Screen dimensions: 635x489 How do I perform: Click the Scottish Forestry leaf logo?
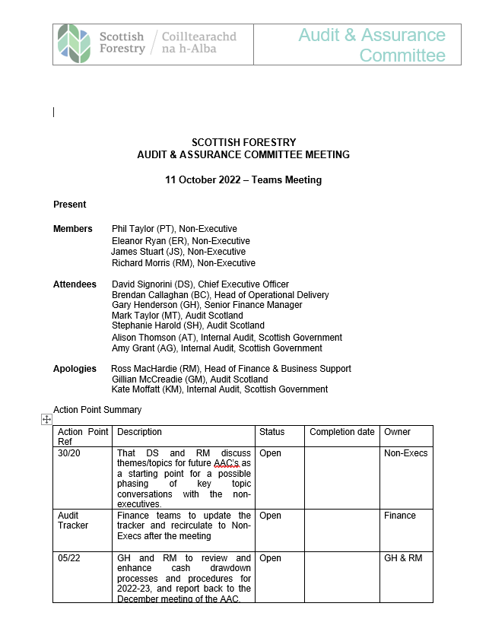pos(74,43)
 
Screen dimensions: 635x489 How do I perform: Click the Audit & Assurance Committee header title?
pos(372,45)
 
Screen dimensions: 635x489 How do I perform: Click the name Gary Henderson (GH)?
pos(152,305)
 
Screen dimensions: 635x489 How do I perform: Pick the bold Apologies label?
pos(75,369)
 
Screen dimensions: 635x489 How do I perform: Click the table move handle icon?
pos(46,419)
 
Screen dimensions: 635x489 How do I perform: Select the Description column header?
pos(140,432)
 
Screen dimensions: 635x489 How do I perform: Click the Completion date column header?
pos(342,432)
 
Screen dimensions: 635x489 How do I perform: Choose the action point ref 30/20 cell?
pos(68,453)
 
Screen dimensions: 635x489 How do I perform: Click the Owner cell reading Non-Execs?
pos(405,453)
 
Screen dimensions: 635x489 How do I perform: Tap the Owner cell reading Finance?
pos(400,516)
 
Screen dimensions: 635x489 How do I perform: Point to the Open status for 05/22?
pos(270,558)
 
